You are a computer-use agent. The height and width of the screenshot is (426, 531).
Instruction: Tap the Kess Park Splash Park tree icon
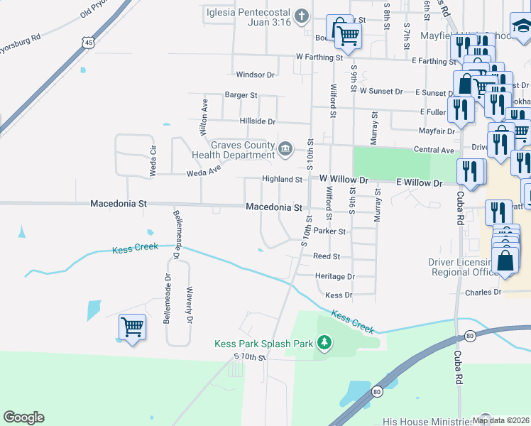coord(324,344)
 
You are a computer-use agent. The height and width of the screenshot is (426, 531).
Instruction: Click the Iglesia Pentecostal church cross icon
coord(301,16)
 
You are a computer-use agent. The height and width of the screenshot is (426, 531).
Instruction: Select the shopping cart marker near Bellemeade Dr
coord(133,327)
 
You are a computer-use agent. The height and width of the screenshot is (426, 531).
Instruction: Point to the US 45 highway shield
coord(87,43)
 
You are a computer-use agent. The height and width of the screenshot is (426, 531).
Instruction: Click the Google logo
coord(23,417)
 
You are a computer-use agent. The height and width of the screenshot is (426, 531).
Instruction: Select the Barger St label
coord(241,95)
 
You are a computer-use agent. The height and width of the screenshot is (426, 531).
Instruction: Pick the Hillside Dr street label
coord(257,121)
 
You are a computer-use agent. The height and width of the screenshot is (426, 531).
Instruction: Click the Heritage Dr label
coord(334,276)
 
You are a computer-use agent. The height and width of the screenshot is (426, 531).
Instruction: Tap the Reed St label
coord(327,256)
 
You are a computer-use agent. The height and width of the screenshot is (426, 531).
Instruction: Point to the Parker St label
coord(329,231)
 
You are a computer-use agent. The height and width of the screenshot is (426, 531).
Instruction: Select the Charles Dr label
coord(483,292)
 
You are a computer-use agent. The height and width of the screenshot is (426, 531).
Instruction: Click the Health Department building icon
coord(285,148)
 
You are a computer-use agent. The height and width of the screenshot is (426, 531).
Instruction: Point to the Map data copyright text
coord(500,420)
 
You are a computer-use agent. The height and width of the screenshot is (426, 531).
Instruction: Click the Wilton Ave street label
coord(204,117)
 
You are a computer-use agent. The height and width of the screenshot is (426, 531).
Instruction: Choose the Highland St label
coord(283,180)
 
